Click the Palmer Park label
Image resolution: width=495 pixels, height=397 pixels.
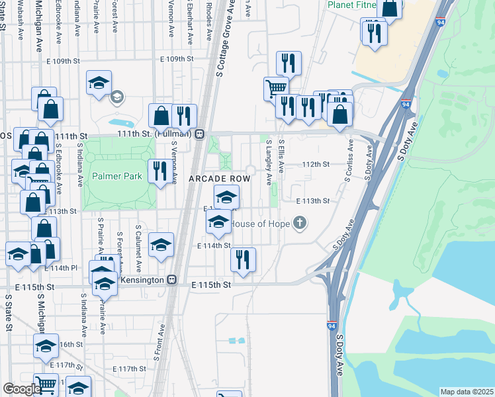tap(117, 177)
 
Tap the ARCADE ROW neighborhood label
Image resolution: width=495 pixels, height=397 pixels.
tap(220, 179)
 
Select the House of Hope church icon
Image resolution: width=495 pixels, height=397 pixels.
tap(300, 223)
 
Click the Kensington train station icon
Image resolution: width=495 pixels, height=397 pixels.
tap(172, 280)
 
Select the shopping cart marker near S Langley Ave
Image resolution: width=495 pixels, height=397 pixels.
tap(275, 87)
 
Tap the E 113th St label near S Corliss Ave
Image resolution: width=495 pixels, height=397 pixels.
tap(312, 200)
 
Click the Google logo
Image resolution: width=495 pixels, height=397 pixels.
tap(22, 389)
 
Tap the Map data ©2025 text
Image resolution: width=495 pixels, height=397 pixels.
tap(467, 392)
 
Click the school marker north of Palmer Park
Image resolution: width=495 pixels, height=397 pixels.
tap(99, 83)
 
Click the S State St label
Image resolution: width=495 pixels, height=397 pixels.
tap(9, 313)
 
